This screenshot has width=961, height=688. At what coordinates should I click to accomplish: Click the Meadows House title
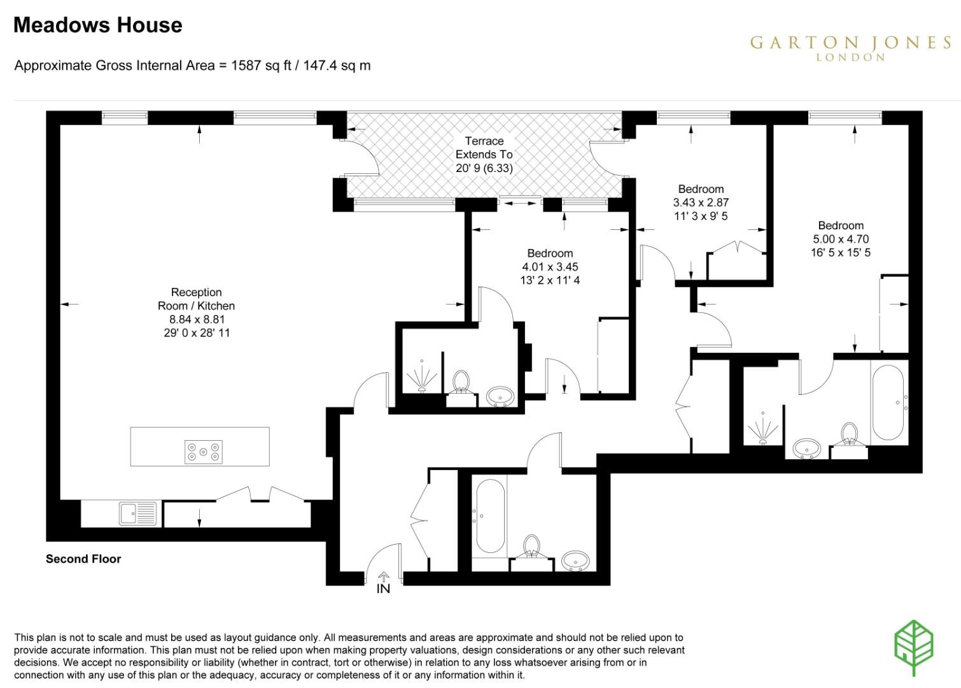[98, 25]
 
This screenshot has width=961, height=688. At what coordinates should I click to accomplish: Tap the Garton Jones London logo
[850, 48]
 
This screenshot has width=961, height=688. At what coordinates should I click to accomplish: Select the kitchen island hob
[204, 452]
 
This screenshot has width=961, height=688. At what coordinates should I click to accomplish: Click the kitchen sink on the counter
[137, 513]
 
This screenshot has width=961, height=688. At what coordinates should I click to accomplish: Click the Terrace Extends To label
[484, 154]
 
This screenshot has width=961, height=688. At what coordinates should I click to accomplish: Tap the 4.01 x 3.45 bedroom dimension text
[550, 267]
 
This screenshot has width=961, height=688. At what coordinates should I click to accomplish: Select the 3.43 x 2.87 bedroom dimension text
[701, 203]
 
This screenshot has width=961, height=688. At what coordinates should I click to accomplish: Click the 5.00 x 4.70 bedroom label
[840, 239]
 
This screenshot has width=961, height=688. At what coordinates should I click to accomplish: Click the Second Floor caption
[83, 559]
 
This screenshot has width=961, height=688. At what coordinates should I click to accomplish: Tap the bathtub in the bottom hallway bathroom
[490, 516]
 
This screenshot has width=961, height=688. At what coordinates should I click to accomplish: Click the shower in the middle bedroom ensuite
[421, 376]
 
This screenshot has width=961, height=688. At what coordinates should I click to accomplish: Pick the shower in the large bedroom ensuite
[763, 427]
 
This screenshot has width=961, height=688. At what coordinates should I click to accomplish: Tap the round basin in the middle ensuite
[502, 396]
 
